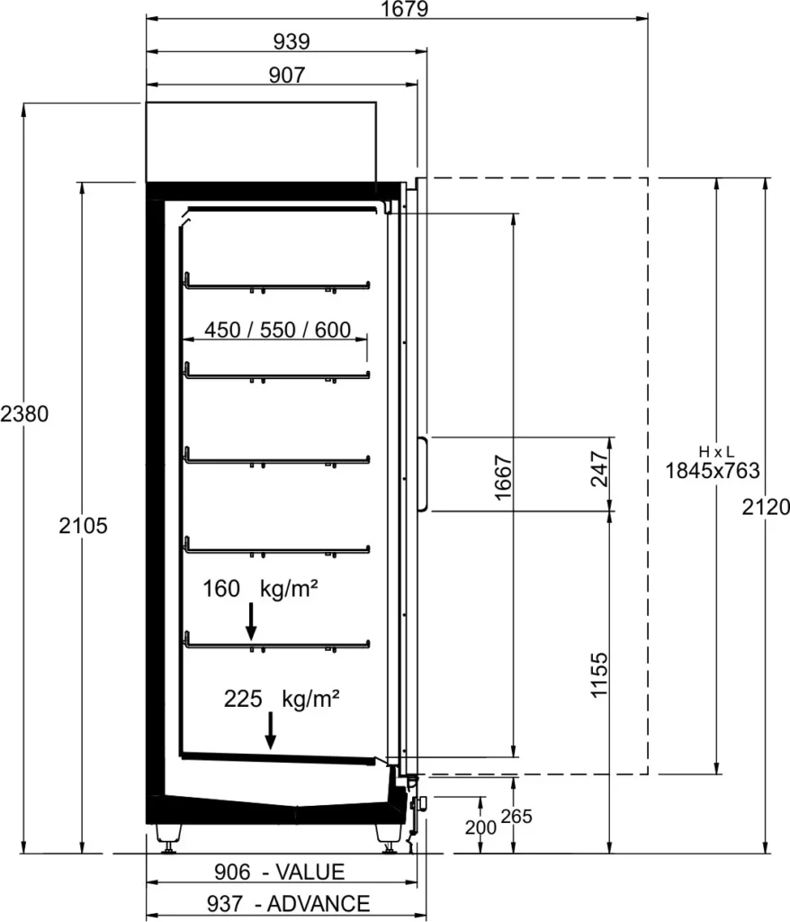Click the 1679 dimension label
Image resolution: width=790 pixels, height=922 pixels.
coord(404,9)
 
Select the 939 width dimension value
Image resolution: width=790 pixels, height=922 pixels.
coord(292,41)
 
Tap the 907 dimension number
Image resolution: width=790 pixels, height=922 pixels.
coord(287,76)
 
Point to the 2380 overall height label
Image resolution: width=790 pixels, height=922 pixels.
coord(24,414)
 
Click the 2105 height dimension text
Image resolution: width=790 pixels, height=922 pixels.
coord(84,526)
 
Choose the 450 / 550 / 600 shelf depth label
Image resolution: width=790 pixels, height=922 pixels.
coord(277,330)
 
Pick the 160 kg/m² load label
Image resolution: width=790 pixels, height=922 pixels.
coord(260,589)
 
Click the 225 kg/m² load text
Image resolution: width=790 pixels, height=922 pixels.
coord(282,699)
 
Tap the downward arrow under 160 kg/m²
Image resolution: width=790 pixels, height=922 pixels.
coord(251,621)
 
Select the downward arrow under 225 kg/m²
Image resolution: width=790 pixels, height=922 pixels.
coord(271,731)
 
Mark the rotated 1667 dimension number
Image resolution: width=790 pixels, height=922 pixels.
coord(504,477)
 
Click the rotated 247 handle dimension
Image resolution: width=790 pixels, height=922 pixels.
coord(599,468)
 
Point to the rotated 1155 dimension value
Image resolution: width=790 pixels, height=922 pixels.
coord(599,674)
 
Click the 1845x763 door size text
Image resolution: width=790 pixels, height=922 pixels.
coord(713,471)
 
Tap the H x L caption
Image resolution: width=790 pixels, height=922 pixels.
coord(716,452)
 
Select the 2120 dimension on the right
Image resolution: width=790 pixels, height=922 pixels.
coord(766,507)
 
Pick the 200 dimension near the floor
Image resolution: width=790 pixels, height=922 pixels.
coord(480,828)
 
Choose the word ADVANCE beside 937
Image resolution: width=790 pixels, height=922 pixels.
coord(319,904)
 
